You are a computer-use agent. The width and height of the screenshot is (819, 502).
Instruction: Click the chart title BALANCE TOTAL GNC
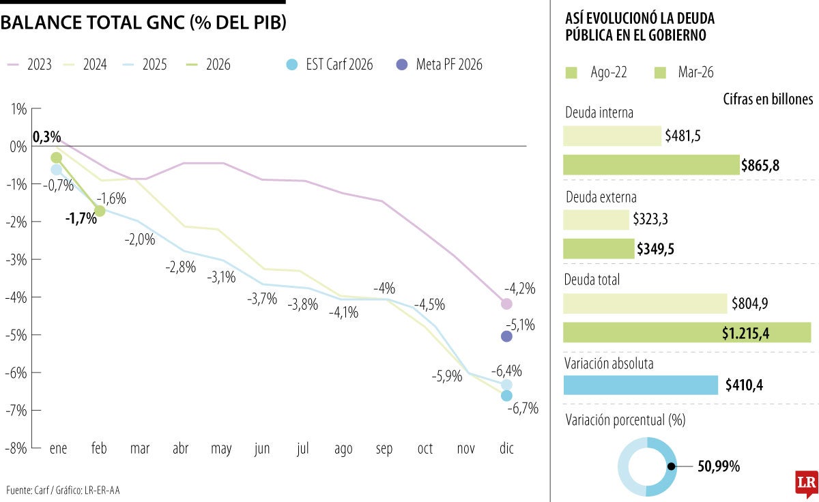pyautogui.click(x=143, y=23)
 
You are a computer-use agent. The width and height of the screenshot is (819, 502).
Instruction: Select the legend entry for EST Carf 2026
pyautogui.click(x=331, y=65)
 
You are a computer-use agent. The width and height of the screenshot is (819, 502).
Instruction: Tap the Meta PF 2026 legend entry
pyautogui.click(x=440, y=65)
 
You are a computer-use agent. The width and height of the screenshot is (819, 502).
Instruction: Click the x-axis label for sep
pyautogui.click(x=384, y=449)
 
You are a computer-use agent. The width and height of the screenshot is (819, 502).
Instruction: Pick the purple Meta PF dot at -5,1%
pyautogui.click(x=506, y=336)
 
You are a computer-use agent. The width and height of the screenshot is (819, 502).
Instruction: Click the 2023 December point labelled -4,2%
pyautogui.click(x=506, y=304)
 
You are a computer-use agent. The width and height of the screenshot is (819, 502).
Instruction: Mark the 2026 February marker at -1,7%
pyautogui.click(x=100, y=211)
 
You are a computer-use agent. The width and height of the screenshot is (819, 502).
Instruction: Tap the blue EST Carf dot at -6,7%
pyautogui.click(x=506, y=396)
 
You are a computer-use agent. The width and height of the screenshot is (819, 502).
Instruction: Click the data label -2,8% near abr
pyautogui.click(x=180, y=267)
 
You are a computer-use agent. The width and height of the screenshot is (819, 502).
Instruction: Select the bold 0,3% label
pyautogui.click(x=46, y=137)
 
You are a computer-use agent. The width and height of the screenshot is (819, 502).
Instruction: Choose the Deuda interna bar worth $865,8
pyautogui.click(x=651, y=165)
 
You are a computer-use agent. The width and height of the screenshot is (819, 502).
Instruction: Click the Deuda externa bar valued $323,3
pyautogui.click(x=596, y=220)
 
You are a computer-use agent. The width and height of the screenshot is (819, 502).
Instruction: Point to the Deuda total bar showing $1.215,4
pyautogui.click(x=687, y=332)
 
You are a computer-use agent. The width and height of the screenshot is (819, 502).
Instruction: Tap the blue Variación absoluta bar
pyautogui.click(x=641, y=385)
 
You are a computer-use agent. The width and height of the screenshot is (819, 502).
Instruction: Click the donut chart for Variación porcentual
pyautogui.click(x=647, y=467)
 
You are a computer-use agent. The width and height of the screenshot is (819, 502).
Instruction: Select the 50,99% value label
pyautogui.click(x=719, y=467)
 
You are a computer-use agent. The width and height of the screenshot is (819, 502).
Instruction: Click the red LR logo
pyautogui.click(x=806, y=483)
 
